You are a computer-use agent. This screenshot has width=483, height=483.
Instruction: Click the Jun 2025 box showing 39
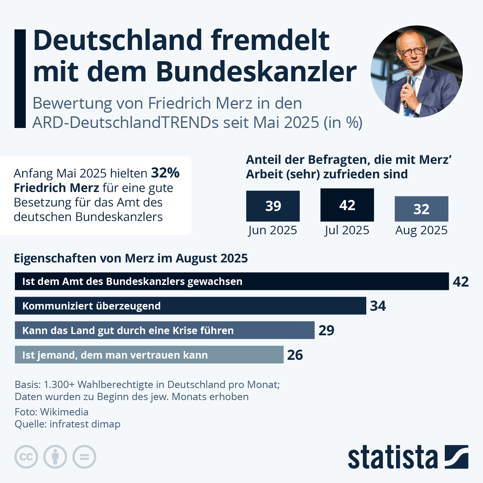273,206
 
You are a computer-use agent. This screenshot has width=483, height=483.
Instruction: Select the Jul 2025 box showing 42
347,205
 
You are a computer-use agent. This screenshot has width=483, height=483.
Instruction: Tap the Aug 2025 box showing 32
421,209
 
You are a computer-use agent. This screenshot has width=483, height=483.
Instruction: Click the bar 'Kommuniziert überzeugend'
190,306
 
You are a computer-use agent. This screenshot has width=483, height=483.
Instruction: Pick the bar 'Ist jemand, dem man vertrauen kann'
149,355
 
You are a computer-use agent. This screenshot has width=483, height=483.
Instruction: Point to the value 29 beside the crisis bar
326,330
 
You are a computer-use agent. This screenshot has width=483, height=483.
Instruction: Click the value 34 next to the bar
378,306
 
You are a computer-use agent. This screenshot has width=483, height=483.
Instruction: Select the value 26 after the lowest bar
295,355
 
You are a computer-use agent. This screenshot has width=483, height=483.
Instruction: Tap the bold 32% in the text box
165,173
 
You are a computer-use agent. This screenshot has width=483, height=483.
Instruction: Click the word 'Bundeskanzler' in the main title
256,72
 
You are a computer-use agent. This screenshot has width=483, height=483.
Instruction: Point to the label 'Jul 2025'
347,230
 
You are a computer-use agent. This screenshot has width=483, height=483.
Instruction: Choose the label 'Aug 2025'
421,230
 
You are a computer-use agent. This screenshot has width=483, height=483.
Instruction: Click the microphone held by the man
408,78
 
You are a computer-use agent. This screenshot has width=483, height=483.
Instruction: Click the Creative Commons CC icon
26,457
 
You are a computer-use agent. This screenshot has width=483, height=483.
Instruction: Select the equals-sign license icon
85,457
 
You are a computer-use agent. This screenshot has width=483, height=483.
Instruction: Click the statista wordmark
392,457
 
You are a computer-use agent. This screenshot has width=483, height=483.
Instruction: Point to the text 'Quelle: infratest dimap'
68,424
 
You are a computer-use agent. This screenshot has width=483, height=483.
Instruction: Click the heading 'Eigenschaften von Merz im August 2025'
131,258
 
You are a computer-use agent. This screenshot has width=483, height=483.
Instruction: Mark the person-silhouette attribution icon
55,457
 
